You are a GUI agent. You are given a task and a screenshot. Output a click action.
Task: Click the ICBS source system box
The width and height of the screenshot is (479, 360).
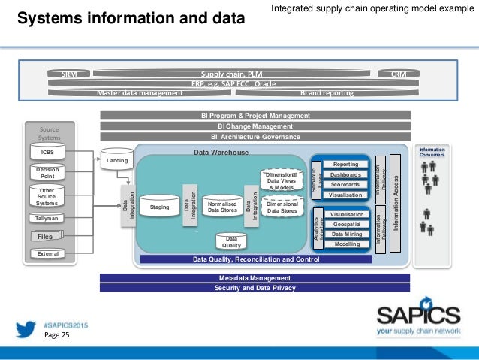[47, 153]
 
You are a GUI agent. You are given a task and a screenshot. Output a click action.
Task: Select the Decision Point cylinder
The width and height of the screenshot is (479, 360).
[47, 174]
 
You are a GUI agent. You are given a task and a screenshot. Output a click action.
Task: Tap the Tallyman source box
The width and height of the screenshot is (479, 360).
[47, 219]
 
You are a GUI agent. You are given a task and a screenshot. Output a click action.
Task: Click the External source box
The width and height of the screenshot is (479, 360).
[47, 254]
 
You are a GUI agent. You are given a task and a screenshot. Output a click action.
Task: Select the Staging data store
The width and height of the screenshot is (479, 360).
[159, 207]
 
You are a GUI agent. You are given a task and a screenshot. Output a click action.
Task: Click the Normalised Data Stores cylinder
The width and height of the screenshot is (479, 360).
[222, 207]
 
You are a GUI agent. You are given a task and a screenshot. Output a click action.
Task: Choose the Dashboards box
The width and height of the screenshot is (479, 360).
[345, 174]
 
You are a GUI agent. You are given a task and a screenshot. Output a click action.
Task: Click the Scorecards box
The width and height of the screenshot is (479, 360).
[345, 184]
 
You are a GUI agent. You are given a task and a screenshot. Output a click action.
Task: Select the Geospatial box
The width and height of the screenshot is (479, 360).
[346, 224]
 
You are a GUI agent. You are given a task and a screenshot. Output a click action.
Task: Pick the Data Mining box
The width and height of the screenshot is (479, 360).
[346, 234]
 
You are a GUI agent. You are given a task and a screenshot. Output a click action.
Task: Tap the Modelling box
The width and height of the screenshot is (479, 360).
[346, 244]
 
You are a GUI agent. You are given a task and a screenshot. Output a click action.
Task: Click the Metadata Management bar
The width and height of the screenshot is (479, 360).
[255, 277]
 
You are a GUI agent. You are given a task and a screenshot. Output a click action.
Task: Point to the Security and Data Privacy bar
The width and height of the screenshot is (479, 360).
[255, 288]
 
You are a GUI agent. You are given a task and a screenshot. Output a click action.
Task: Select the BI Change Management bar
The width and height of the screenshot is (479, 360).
[255, 126]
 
